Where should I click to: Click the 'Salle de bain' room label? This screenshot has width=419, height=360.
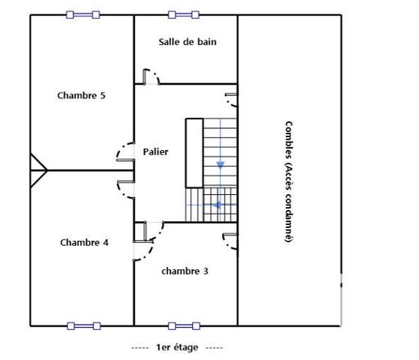click(187, 42)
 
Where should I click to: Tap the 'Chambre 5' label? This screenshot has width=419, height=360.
click(81, 95)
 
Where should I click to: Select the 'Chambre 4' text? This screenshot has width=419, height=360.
click(84, 242)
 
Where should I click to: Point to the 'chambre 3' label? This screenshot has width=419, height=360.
click(184, 271)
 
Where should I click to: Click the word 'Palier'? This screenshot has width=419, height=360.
click(155, 151)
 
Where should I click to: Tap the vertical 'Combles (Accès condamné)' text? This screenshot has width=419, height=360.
click(289, 181)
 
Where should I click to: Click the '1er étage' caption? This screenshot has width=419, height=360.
click(176, 347)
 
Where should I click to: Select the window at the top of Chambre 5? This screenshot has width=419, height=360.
click(82, 14)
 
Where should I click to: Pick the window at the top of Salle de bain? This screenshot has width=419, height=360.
click(184, 14)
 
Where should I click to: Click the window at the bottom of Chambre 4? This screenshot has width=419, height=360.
click(83, 325)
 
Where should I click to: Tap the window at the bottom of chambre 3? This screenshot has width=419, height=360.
click(184, 325)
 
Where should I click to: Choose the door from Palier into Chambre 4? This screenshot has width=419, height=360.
click(124, 187)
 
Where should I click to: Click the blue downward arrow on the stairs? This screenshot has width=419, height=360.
click(220, 164)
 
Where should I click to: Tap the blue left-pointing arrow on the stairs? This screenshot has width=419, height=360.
click(217, 204)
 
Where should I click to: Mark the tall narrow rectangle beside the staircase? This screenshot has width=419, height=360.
click(194, 152)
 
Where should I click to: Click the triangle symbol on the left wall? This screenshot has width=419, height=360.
click(37, 171)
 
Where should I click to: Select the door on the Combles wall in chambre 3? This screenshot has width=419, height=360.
click(229, 240)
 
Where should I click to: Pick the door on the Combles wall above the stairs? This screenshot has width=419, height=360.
click(230, 100)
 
